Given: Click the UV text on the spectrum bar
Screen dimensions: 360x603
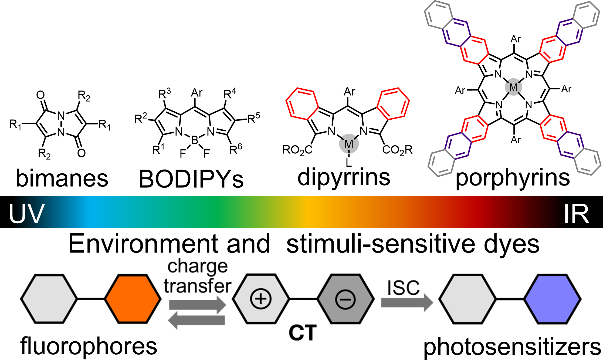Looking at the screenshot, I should pos(26,213).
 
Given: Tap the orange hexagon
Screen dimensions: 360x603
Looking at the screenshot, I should pos(133,299).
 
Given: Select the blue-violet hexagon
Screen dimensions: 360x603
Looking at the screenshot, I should pos(552,299).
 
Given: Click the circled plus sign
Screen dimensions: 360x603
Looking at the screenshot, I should pos(260,299).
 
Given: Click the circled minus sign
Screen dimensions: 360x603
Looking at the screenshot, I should pos(345,299).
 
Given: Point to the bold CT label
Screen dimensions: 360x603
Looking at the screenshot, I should pos(302,333).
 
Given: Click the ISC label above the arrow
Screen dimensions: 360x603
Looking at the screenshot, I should pos(403,288).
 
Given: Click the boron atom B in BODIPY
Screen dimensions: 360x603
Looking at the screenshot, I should pos(194,140).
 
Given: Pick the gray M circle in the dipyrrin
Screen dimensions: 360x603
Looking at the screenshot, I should pos(349,144).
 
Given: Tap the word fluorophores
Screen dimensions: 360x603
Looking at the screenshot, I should pos(89,346).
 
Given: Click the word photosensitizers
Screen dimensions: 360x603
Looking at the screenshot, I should pos(512,347).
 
